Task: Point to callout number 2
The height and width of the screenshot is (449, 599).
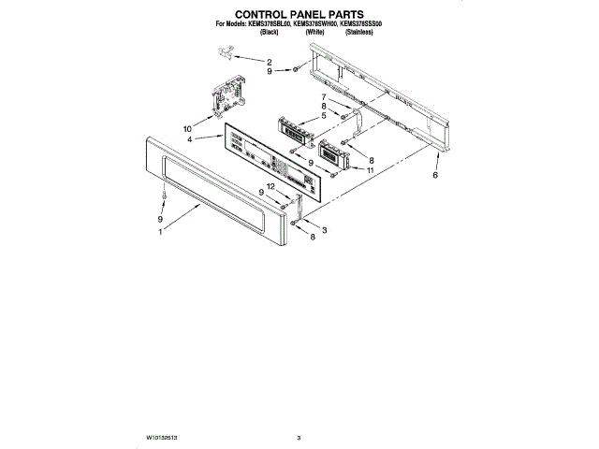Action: coord(270,62)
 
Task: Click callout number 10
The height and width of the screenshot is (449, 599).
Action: coord(187,127)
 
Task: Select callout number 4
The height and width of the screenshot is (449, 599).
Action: coord(190,139)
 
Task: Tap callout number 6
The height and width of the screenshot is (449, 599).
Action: coord(436,175)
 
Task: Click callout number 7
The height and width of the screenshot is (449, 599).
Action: coord(325,97)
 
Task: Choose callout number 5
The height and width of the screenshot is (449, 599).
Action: coord(323,116)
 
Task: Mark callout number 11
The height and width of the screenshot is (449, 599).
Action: coord(371,171)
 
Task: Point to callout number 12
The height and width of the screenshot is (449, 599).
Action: coord(270,187)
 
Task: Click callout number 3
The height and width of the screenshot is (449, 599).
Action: coord(324,230)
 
